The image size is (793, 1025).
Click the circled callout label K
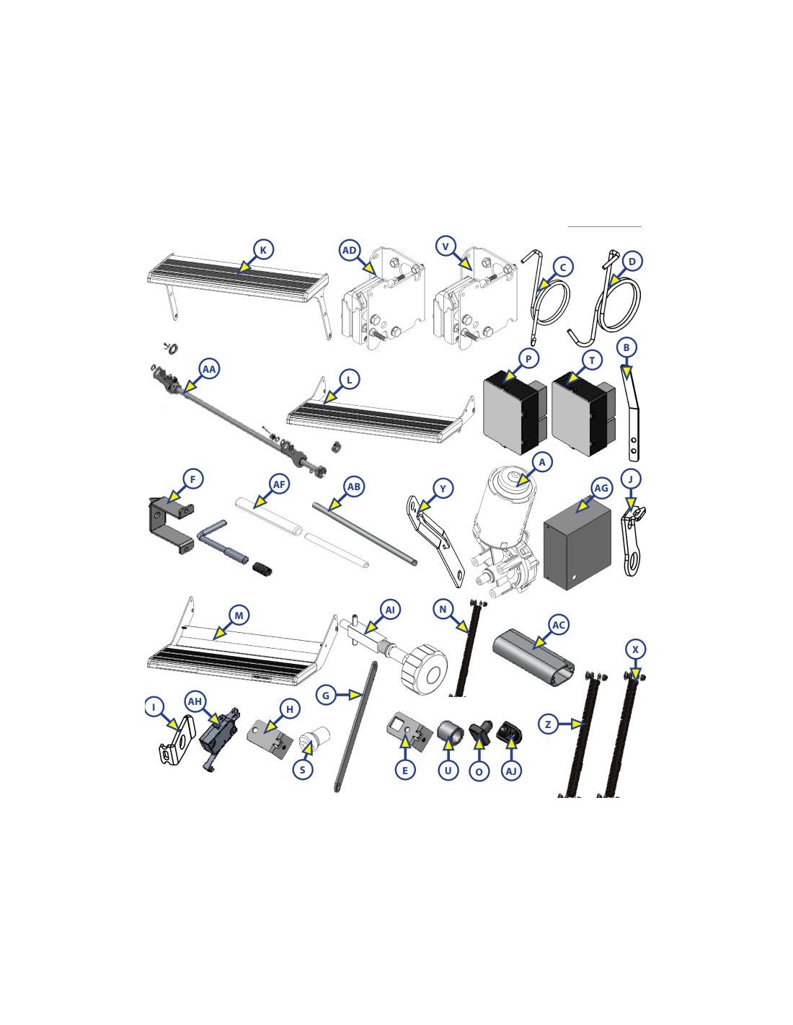263,249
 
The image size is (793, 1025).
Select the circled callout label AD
350,250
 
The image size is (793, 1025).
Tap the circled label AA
209,369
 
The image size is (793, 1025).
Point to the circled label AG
601,488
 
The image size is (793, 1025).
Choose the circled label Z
548,723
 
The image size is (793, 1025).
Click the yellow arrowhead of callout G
355,695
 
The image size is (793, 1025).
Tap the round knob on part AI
427,669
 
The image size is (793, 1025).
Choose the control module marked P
514,412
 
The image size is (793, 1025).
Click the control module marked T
583,412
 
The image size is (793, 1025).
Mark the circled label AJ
511,771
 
